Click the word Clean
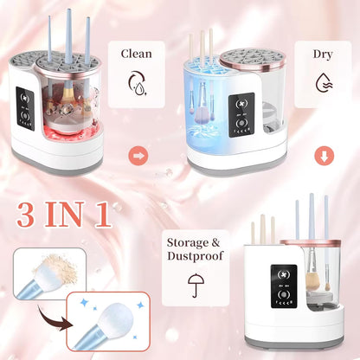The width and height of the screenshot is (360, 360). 136,54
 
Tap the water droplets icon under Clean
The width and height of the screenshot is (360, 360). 136,83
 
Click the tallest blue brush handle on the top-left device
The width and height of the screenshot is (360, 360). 68,35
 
